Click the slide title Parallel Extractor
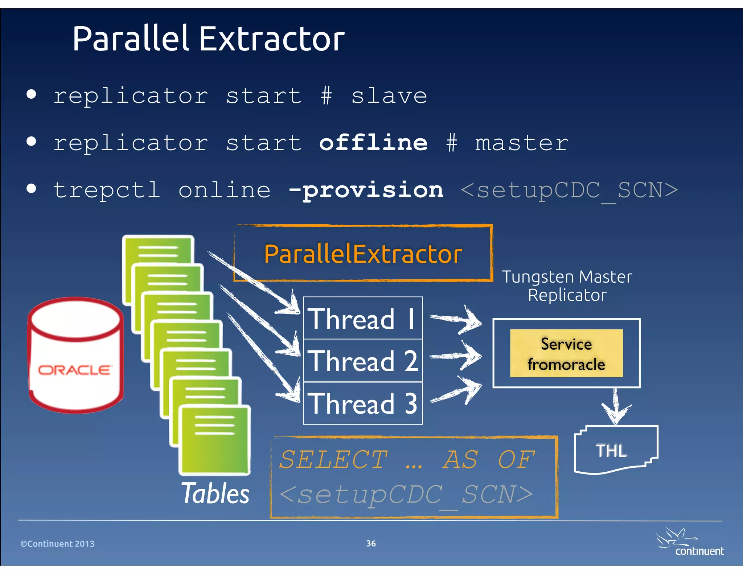[x=208, y=39]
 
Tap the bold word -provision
[x=366, y=190]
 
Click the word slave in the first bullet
[x=389, y=96]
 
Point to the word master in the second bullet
[x=521, y=143]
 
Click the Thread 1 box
[x=363, y=319]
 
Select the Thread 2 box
[x=363, y=361]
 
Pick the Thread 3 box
[x=363, y=403]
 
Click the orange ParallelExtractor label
[x=363, y=254]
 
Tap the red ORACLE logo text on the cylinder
[x=75, y=370]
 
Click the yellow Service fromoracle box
[x=566, y=353]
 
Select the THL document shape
[x=616, y=450]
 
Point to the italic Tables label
[x=215, y=493]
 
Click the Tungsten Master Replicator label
[x=567, y=286]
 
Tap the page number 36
[x=371, y=544]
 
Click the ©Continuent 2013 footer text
[x=57, y=544]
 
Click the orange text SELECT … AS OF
[x=406, y=460]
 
